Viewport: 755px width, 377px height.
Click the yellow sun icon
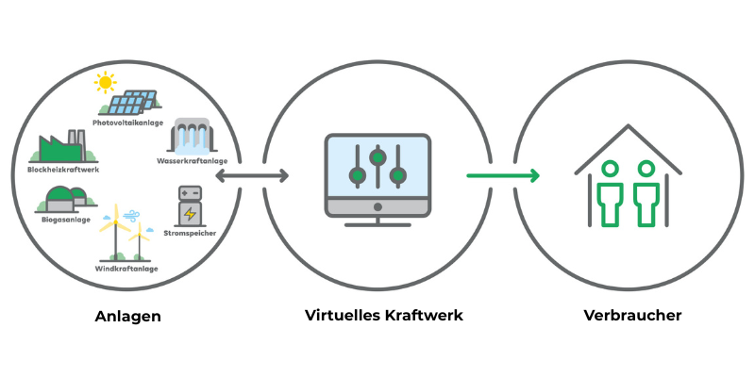click(x=103, y=85)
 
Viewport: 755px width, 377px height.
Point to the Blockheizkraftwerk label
click(x=63, y=170)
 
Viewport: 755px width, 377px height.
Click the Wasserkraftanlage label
click(x=193, y=161)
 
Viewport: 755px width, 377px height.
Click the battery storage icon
click(x=191, y=206)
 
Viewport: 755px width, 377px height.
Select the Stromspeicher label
click(x=190, y=230)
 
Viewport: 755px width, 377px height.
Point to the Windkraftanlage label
click(x=126, y=269)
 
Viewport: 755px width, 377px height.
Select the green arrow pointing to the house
click(x=503, y=175)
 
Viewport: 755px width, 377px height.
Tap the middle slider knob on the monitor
click(x=377, y=156)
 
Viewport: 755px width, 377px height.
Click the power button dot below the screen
click(x=377, y=206)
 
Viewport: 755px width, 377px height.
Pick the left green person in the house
click(x=609, y=192)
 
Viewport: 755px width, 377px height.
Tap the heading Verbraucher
click(x=631, y=316)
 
